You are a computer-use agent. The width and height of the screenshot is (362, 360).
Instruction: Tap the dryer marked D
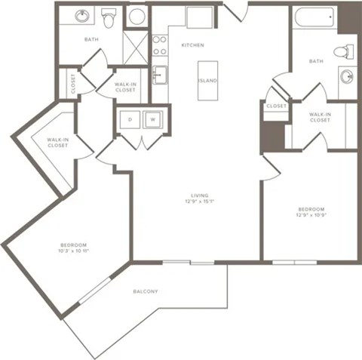click(x=129, y=119)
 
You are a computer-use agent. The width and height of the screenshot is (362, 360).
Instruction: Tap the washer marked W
click(x=152, y=119)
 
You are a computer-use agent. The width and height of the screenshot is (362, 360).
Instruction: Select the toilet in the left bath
click(x=109, y=18)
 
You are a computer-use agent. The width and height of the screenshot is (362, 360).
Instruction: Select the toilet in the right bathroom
click(x=345, y=52)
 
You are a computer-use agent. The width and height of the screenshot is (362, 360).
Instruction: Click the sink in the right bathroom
click(x=348, y=76)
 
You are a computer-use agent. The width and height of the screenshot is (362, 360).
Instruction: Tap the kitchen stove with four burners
click(x=159, y=45)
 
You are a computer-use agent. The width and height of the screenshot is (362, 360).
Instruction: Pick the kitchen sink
click(x=159, y=74)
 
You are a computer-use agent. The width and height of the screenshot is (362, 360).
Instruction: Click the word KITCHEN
click(x=192, y=45)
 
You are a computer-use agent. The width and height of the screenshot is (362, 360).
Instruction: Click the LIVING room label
click(x=199, y=195)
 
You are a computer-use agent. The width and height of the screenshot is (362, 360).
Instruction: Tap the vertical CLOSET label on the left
click(x=73, y=83)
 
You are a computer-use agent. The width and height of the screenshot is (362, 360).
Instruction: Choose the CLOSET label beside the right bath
click(x=276, y=106)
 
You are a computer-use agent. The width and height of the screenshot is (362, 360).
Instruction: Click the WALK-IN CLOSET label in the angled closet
click(x=57, y=142)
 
